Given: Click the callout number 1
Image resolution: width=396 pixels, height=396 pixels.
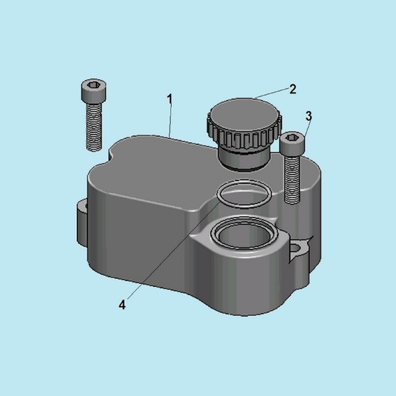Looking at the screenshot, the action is pos(170,99).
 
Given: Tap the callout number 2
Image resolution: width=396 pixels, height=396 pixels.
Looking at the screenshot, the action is pos(292,89).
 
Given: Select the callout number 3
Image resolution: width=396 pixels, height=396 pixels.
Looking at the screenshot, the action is pos(309,116).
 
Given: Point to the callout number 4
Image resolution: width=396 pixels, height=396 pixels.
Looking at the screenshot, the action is pos(123,305).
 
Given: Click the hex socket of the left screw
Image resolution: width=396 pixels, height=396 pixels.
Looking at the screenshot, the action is pos(93,85).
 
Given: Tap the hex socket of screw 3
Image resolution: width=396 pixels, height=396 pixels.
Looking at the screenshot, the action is pos(292,137).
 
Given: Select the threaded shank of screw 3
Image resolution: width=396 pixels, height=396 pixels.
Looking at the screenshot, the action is pos(292,179).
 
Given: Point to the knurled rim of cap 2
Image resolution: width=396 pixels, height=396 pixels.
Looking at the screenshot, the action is pos(244,137).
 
